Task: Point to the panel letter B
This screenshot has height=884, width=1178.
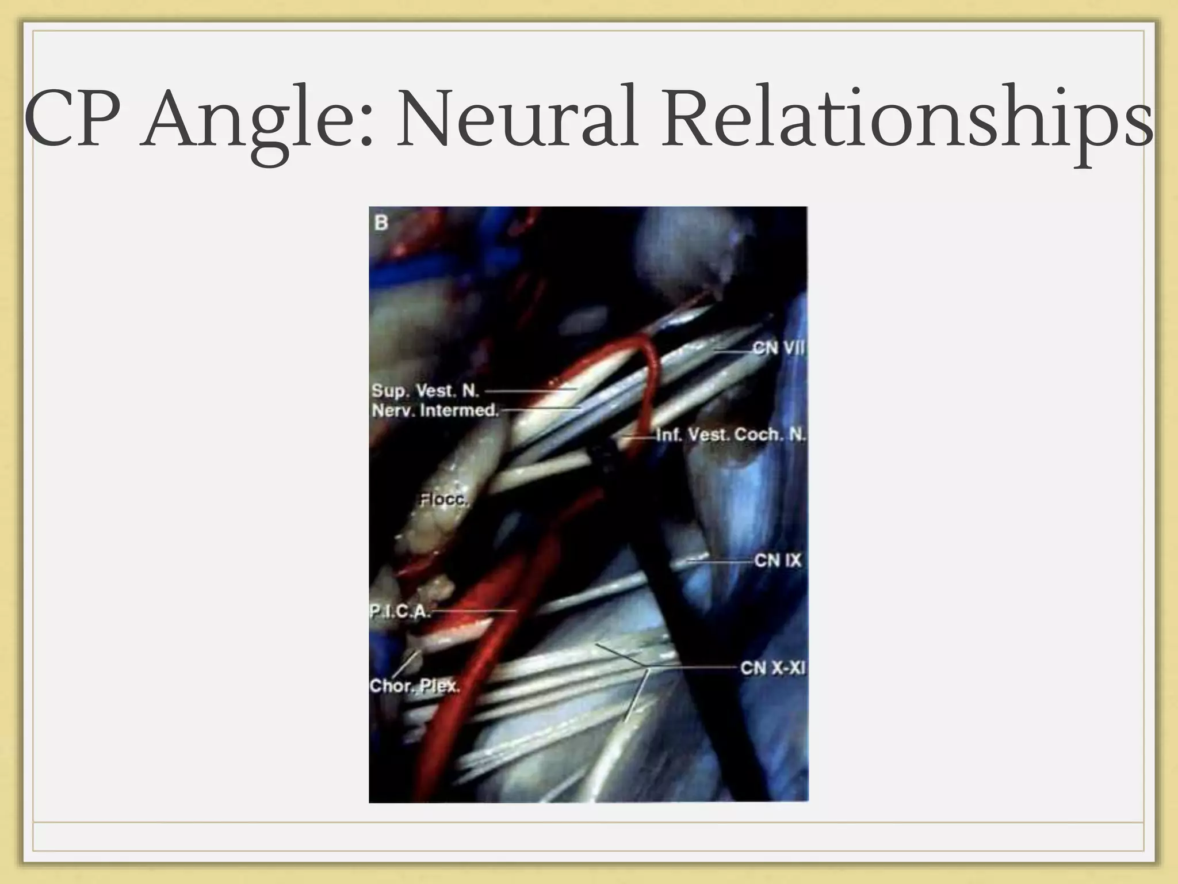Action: [381, 222]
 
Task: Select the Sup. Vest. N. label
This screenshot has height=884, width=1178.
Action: [425, 390]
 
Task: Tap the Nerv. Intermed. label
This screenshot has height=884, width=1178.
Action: [435, 410]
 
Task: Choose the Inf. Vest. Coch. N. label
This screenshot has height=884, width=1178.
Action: [730, 435]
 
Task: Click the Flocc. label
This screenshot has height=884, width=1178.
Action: [443, 500]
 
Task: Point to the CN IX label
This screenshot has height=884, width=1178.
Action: [777, 560]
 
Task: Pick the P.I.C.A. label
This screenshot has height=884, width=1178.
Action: [399, 611]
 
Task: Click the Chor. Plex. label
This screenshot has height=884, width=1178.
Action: [414, 685]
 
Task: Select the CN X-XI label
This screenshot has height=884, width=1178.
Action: [772, 668]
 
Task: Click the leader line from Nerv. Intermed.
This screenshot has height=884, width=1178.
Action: [541, 409]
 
